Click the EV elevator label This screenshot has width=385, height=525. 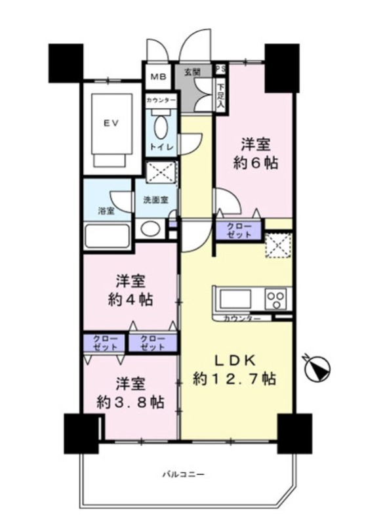coord(111,123)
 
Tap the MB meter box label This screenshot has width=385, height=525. coord(158,77)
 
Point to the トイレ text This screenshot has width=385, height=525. coord(161,147)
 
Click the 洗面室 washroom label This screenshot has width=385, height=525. coord(155,200)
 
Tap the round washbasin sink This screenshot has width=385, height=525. coord(150,229)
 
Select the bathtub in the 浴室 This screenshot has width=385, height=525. coord(107,236)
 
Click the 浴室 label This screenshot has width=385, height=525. coord(106,211)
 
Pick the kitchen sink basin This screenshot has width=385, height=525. coord(235,299)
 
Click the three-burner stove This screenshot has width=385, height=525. coord(276,299)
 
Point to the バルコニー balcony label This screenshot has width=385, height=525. coord(183,474)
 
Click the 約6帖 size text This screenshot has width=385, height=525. coord(256,163)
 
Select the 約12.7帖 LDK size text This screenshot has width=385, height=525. coord(235,379)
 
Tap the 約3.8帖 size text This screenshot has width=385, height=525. coord(130,402)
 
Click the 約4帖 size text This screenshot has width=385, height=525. coord(131,299)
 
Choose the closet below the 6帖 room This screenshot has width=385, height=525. coord(239,230)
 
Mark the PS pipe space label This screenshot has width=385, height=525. coord(220,70)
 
